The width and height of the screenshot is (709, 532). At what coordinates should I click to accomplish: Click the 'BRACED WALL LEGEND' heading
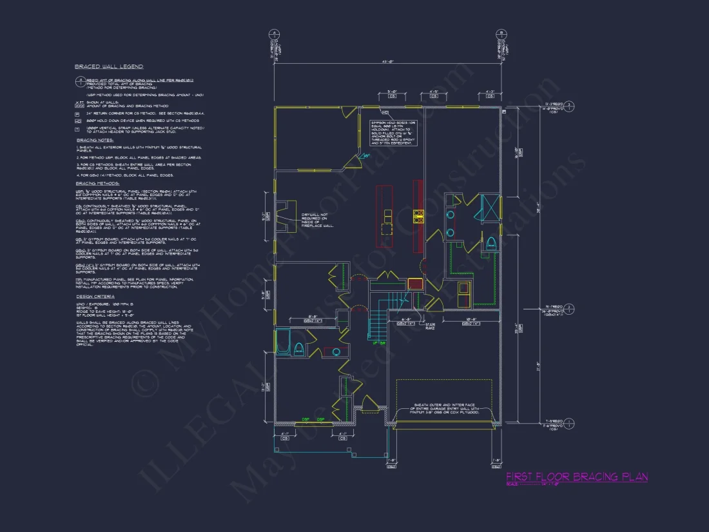click(x=108, y=66)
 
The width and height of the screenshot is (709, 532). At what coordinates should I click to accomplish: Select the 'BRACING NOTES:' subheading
click(x=95, y=140)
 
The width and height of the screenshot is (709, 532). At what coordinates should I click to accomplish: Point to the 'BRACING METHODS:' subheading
click(x=97, y=184)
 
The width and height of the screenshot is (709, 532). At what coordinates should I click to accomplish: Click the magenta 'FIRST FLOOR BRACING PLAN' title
click(x=577, y=477)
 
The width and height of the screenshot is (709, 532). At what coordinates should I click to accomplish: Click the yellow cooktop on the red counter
click(x=418, y=217)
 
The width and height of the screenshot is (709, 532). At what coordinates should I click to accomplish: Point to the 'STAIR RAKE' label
click(x=430, y=328)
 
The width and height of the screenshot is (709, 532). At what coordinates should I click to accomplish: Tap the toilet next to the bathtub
click(x=299, y=349)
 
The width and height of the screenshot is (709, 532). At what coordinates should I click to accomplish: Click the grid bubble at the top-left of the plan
click(x=274, y=34)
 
